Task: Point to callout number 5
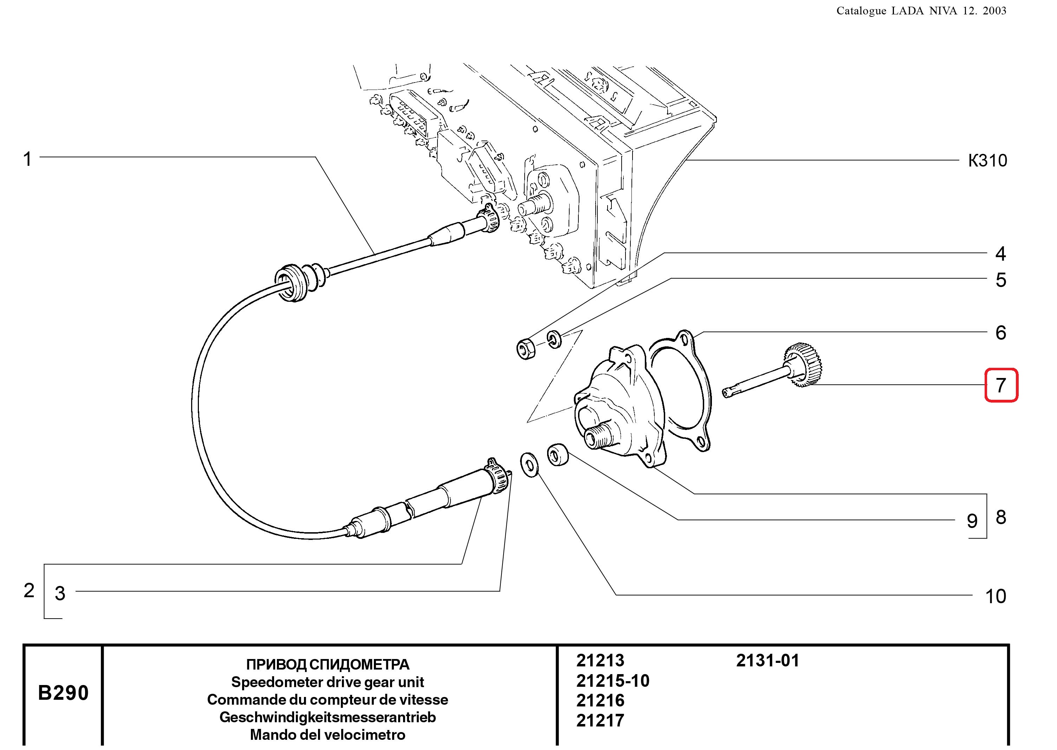coord(1001,280)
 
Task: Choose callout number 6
coord(1001,333)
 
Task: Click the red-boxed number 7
coord(1001,385)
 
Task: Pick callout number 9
coord(972,521)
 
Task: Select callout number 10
coord(996,596)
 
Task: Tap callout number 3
coord(60,593)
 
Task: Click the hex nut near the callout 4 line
coord(526,349)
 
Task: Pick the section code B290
coord(63,693)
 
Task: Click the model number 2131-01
coord(767,660)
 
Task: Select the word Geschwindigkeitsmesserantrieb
coord(328,717)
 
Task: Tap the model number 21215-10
coord(612,681)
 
